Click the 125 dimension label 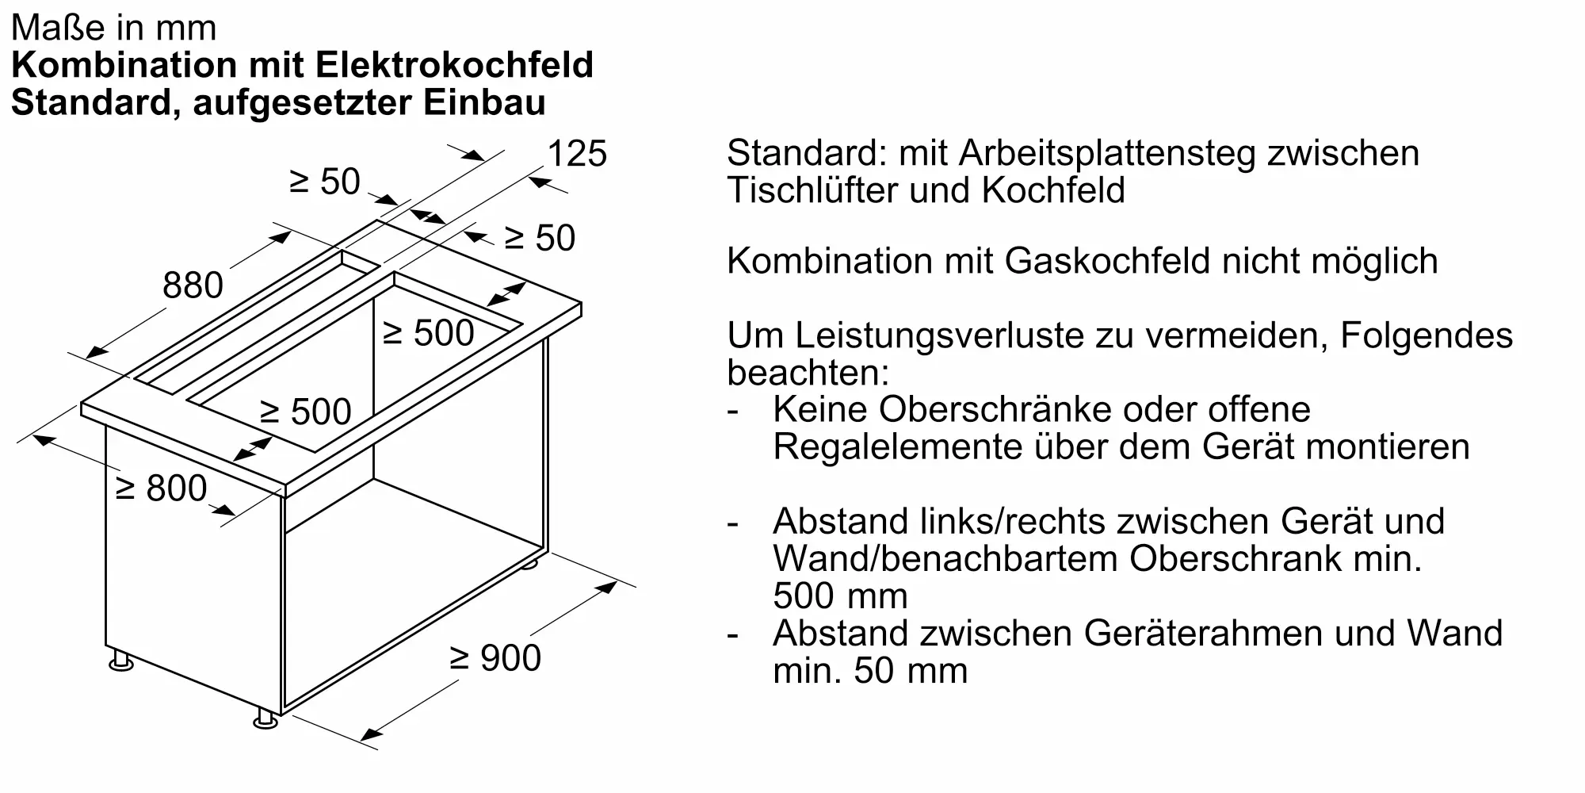tap(577, 153)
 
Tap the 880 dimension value tap(193, 285)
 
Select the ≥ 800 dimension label tap(161, 488)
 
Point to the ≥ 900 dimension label tap(495, 658)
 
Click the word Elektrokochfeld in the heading tap(454, 65)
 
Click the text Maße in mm tap(113, 28)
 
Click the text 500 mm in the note tap(840, 596)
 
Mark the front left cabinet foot tap(121, 661)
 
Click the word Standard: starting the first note tap(806, 153)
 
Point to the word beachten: tap(808, 373)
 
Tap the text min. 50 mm tap(870, 671)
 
